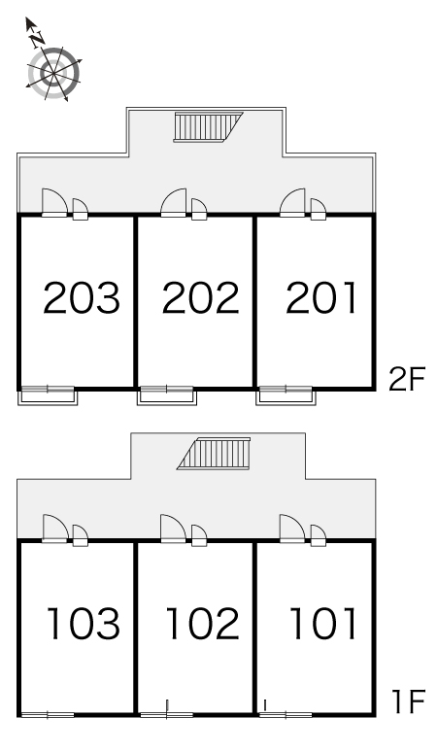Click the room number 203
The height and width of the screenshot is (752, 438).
[x=82, y=298]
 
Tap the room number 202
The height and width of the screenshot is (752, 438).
[x=200, y=298]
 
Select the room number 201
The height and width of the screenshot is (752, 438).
[x=321, y=298]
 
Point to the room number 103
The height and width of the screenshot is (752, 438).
[x=83, y=623]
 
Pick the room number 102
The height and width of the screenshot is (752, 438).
[x=202, y=623]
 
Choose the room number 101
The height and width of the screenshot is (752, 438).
[x=323, y=623]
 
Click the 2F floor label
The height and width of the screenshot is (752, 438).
[x=407, y=379]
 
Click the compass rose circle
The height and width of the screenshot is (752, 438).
[x=53, y=73]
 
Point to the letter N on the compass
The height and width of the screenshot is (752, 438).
[x=37, y=40]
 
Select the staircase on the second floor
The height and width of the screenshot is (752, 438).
[x=208, y=127]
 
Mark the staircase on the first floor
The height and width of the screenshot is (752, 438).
[x=214, y=453]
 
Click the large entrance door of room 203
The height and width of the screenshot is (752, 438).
[x=54, y=203]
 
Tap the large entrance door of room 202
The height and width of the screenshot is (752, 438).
[x=174, y=203]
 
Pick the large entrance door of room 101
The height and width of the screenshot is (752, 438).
[x=292, y=529]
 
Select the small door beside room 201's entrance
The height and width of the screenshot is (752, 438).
[x=319, y=210]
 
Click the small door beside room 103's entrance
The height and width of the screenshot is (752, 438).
[x=80, y=535]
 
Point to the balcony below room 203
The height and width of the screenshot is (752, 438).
[x=48, y=395]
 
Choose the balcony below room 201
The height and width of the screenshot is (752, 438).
[x=286, y=395]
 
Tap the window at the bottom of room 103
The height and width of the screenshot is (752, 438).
[x=48, y=715]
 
